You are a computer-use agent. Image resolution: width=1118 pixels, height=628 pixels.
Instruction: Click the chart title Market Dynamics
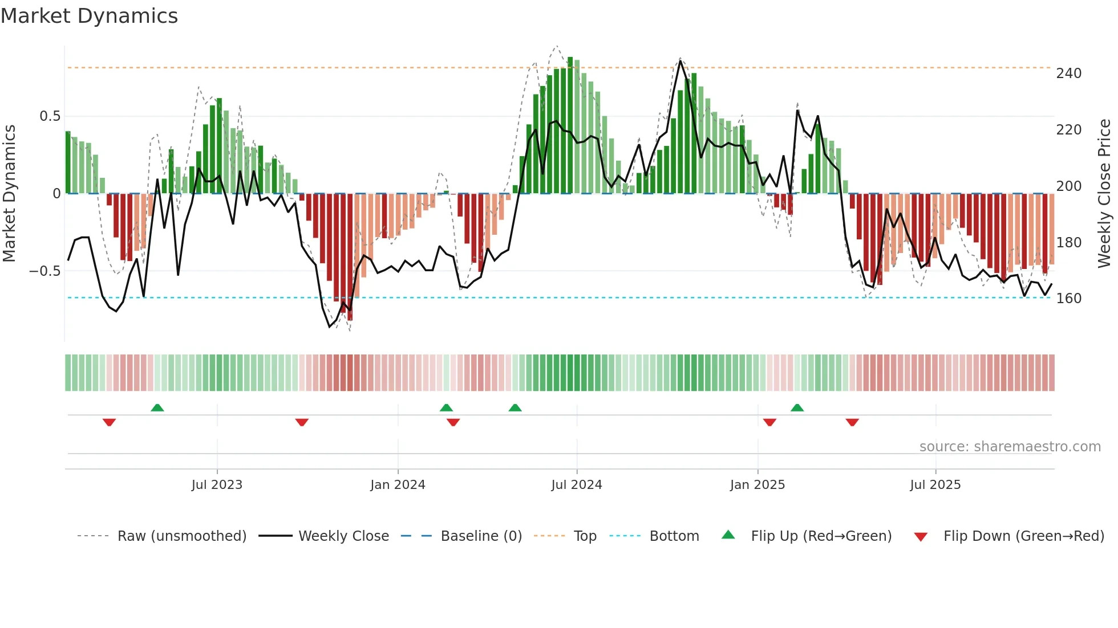(89, 16)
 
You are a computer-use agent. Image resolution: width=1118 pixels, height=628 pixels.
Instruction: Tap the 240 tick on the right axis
(1068, 74)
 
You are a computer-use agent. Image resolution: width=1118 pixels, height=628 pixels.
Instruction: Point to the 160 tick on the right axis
(1068, 299)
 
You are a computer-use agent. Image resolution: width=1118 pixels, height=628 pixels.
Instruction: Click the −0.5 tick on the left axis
(44, 271)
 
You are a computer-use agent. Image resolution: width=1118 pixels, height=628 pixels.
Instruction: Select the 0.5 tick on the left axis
(50, 116)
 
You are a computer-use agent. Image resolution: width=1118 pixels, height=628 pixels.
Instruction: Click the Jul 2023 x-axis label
(217, 485)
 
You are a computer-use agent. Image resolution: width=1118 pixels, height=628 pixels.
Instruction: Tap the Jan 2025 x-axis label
(758, 485)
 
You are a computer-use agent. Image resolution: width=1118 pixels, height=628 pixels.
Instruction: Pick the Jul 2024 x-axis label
(577, 485)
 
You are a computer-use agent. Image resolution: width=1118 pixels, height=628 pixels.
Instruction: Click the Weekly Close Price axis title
(1104, 194)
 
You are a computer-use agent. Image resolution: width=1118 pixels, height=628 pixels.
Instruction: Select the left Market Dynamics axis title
(9, 194)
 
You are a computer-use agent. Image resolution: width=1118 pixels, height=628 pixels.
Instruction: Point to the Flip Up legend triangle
(728, 535)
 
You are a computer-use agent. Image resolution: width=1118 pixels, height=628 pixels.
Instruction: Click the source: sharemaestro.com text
(1010, 447)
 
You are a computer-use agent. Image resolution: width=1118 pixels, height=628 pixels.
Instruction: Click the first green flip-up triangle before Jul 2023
(157, 407)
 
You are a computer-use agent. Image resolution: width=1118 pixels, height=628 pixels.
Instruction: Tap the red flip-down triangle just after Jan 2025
(769, 422)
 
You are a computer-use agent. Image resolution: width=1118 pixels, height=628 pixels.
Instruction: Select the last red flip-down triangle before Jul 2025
(852, 422)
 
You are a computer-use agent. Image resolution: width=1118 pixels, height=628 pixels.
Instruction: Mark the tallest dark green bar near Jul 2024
(570, 125)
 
